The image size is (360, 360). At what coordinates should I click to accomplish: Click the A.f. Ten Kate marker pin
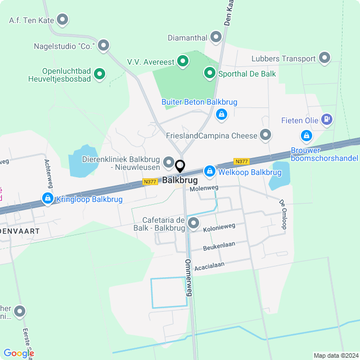pyautogui.click(x=63, y=20)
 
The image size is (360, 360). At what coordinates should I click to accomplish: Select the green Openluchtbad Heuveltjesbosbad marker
pyautogui.click(x=100, y=73)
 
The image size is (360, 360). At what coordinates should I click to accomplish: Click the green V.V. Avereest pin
pyautogui.click(x=182, y=60)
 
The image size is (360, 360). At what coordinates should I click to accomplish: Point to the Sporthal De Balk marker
pyautogui.click(x=209, y=73)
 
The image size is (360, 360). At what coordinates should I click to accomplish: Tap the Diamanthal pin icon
pyautogui.click(x=216, y=37)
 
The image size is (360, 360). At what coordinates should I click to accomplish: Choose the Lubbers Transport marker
pyautogui.click(x=325, y=57)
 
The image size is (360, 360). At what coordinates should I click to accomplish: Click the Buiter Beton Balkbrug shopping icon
pyautogui.click(x=222, y=115)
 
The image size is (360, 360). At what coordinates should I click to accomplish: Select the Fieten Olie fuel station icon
pyautogui.click(x=327, y=119)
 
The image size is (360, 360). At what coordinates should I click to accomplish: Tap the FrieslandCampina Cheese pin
pyautogui.click(x=265, y=134)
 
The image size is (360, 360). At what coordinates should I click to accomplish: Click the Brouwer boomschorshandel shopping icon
pyautogui.click(x=306, y=135)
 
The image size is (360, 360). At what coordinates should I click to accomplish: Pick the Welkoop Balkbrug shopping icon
pyautogui.click(x=209, y=170)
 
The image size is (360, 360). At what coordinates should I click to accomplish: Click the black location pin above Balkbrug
pyautogui.click(x=180, y=166)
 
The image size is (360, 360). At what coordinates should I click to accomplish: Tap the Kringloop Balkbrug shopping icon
pyautogui.click(x=47, y=198)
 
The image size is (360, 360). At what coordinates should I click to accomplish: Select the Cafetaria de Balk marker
pyautogui.click(x=193, y=223)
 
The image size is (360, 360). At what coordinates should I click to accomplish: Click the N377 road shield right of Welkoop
pyautogui.click(x=241, y=161)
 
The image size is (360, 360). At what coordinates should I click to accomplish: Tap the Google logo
pyautogui.click(x=19, y=353)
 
